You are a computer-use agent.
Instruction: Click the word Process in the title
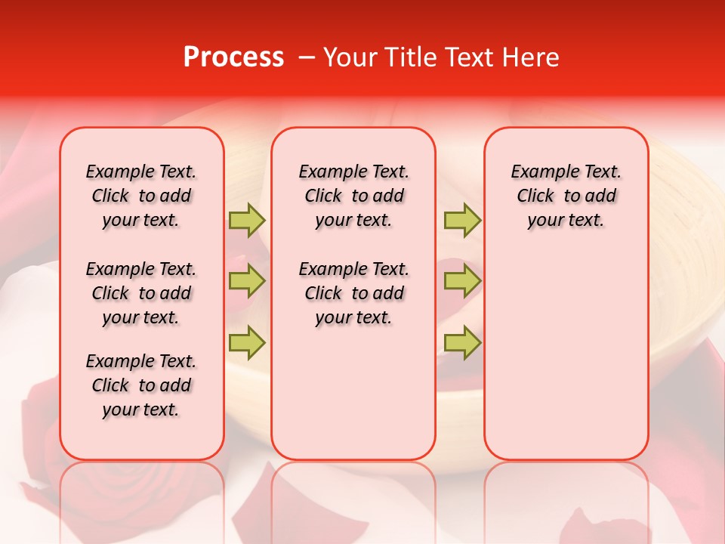point(233,57)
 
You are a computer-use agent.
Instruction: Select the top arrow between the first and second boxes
point(247,221)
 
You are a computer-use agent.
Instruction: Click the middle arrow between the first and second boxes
point(247,281)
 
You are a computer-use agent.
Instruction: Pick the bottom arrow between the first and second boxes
point(247,342)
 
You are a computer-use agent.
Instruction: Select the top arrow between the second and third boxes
point(462,221)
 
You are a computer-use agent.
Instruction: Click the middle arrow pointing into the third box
point(462,281)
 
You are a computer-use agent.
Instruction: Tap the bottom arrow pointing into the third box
point(462,342)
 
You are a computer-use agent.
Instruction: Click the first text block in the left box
point(141,196)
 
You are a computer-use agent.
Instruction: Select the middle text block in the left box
point(141,293)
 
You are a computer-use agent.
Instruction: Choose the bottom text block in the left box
point(141,385)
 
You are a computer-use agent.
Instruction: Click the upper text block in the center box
point(353,196)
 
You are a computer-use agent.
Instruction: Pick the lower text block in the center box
point(353,293)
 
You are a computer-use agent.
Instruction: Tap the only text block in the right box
point(566,196)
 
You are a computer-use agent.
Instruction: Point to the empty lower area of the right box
point(566,363)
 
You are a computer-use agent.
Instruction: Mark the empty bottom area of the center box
point(353,400)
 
